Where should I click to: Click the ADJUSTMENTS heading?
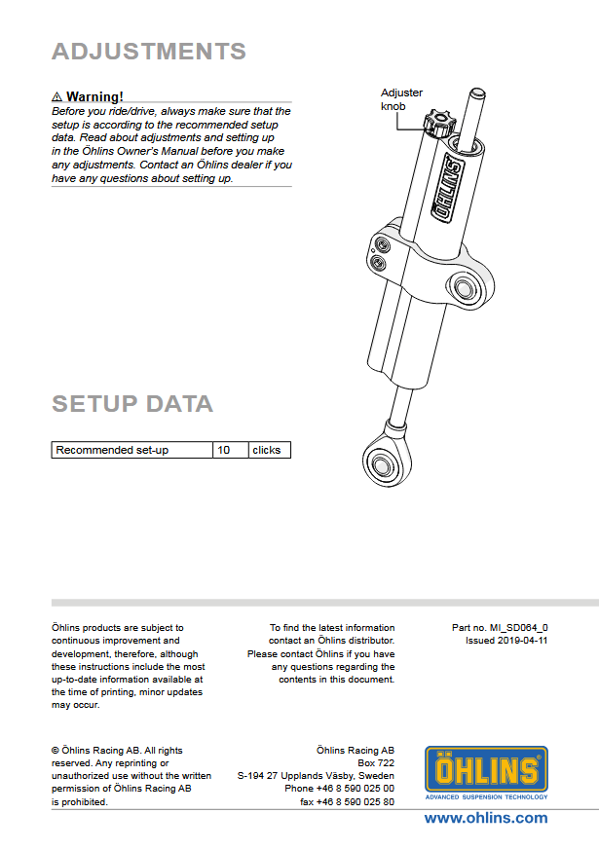click(x=148, y=52)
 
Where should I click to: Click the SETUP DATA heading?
click(x=131, y=403)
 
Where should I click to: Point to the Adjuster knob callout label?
click(x=401, y=99)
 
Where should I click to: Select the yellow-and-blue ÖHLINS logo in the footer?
click(x=486, y=771)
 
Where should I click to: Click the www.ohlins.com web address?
click(x=485, y=819)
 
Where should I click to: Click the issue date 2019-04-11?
click(x=522, y=642)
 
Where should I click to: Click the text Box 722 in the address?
click(x=376, y=763)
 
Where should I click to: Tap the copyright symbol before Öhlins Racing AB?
click(x=55, y=751)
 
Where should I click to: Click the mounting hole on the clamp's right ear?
click(x=465, y=288)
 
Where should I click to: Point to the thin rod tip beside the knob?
click(x=476, y=96)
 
